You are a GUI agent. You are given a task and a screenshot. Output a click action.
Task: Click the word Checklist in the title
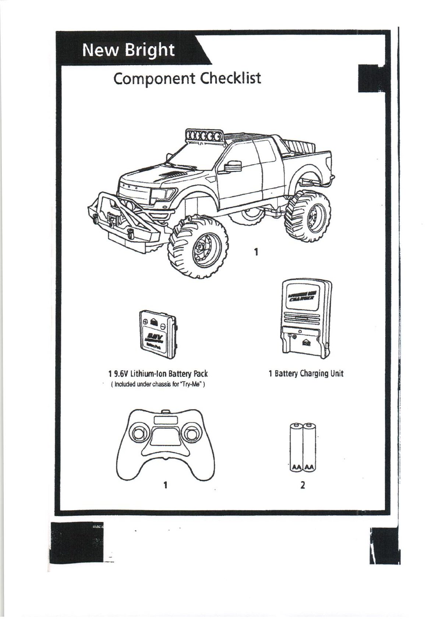tap(230, 78)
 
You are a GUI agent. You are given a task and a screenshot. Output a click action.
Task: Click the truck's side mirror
tap(231, 166)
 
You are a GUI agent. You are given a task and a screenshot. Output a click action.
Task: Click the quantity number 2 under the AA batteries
tap(303, 485)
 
